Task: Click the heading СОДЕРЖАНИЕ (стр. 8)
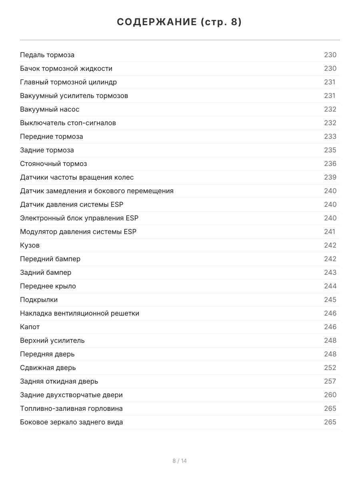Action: [180, 22]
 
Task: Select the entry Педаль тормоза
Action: [47, 55]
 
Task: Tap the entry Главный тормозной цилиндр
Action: [68, 82]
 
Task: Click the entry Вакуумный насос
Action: [50, 109]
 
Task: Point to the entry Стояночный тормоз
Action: [54, 164]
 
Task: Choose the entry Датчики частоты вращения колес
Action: [77, 177]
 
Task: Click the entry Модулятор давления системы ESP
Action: [78, 232]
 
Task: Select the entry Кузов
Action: [30, 245]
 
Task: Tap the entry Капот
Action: [30, 327]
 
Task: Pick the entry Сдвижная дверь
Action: [48, 368]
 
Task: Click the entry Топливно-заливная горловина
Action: [71, 408]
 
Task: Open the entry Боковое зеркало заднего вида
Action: [72, 422]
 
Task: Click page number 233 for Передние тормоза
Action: [330, 136]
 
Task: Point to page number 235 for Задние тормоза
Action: [330, 150]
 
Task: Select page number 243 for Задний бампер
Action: [330, 272]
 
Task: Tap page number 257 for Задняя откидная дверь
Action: [330, 381]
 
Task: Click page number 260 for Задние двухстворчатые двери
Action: [330, 395]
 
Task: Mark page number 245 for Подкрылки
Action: [330, 300]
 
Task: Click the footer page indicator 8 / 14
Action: [180, 461]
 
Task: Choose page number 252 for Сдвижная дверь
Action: [330, 368]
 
